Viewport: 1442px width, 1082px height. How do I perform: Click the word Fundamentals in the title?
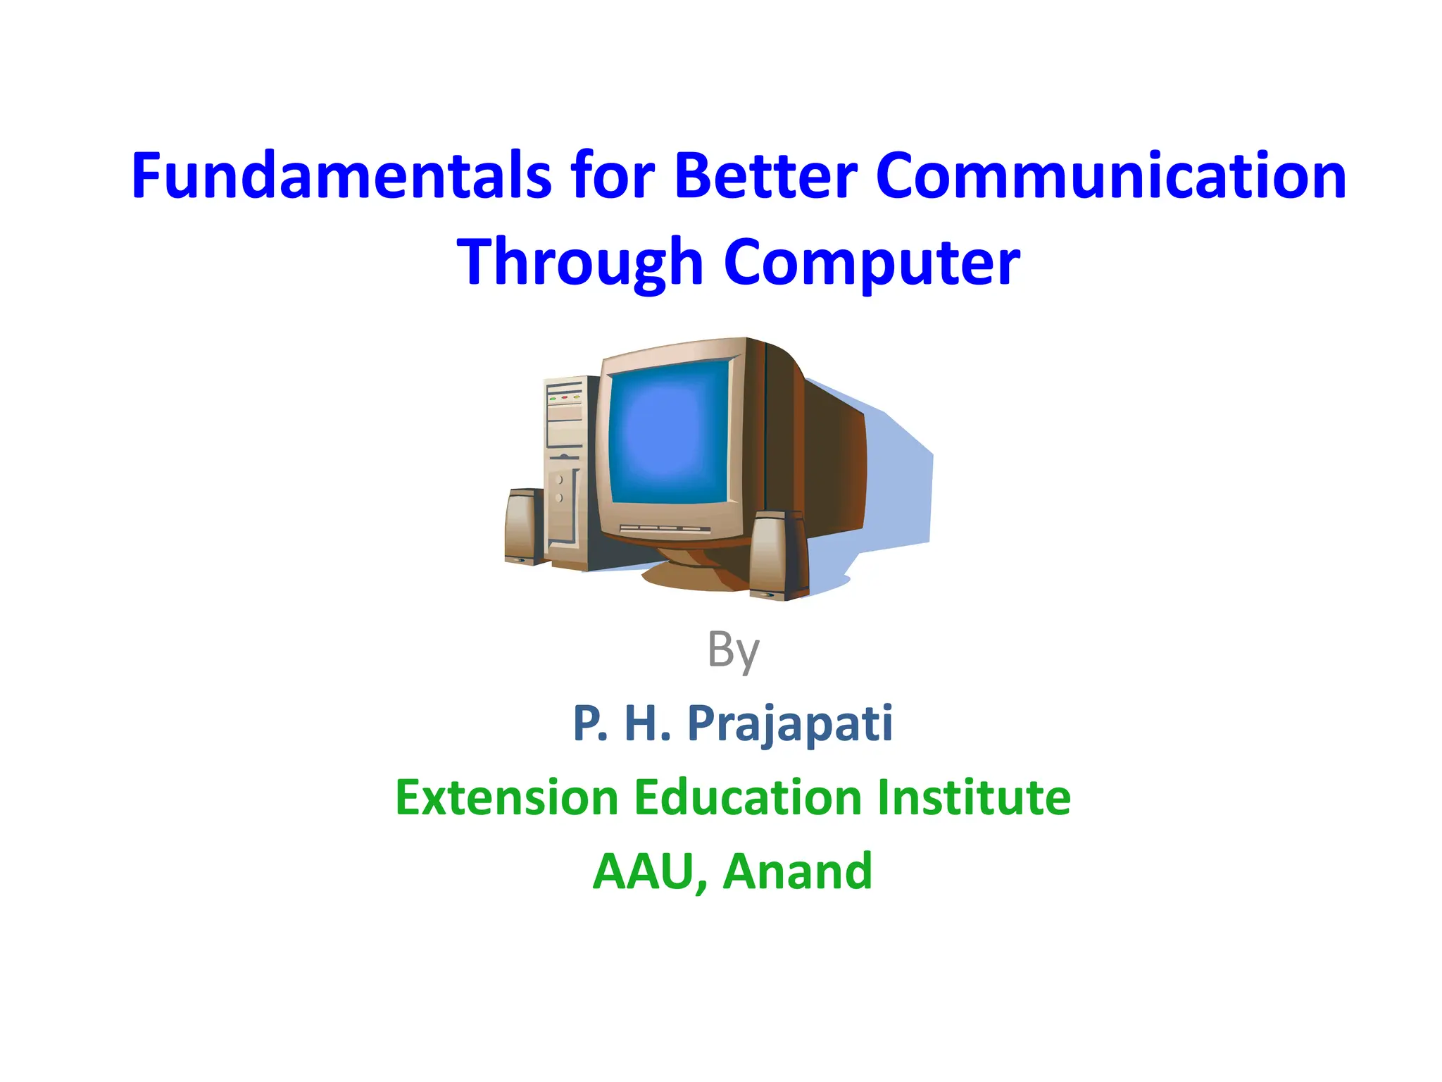click(x=341, y=176)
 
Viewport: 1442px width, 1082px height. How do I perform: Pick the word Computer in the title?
click(x=872, y=262)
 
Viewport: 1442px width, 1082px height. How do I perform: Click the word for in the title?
click(x=613, y=176)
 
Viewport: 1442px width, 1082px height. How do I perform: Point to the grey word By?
click(x=733, y=649)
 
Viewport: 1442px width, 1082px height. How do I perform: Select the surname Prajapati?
click(x=790, y=724)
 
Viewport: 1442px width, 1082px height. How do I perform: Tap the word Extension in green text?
click(x=506, y=797)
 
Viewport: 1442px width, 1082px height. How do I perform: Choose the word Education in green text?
click(x=748, y=797)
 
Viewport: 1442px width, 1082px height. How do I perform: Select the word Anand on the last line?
click(x=797, y=872)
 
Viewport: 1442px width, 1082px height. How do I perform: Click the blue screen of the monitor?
click(x=669, y=433)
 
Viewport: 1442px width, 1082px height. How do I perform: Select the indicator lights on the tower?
click(x=565, y=398)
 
